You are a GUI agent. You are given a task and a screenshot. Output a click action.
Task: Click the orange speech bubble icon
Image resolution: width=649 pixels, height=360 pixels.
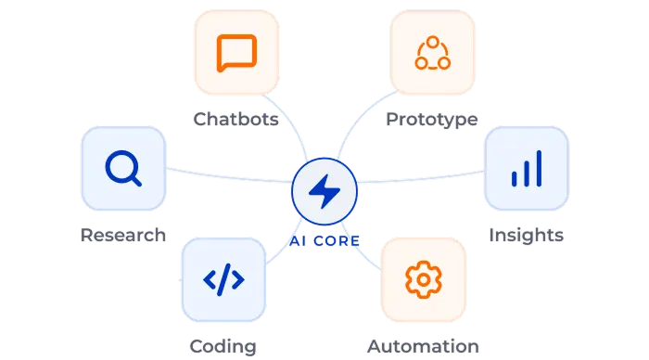pos(236,53)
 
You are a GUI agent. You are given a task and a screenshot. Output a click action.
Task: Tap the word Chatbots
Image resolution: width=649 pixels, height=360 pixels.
pos(235,120)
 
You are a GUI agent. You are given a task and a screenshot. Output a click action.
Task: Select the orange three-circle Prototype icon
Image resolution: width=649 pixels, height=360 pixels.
pos(433,53)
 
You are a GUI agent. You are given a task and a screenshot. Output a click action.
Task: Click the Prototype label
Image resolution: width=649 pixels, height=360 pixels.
pos(432,120)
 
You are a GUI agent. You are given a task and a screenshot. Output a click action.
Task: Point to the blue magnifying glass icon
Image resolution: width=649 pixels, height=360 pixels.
pos(123,168)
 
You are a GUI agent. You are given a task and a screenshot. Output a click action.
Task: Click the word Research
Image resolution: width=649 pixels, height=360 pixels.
pos(123,235)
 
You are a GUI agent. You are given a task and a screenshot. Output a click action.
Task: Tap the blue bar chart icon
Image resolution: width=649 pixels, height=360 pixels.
pos(527,169)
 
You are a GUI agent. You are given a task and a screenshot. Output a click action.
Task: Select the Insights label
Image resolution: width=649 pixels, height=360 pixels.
pos(526,236)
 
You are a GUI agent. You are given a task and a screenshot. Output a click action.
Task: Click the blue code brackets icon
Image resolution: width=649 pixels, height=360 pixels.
pos(223,279)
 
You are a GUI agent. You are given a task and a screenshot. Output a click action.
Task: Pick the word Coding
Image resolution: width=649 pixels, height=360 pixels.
pos(223,347)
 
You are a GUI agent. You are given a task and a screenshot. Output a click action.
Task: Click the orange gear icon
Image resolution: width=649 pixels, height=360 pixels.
pos(424,279)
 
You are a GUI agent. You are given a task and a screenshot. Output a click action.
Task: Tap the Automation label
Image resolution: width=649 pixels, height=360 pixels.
pos(423,346)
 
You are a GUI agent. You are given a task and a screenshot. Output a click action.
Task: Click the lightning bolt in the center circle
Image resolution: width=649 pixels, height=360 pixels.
pos(324,191)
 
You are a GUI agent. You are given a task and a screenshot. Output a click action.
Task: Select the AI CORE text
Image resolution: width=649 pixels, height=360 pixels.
pos(324,240)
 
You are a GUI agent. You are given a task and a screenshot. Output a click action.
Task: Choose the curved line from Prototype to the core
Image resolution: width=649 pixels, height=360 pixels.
pos(357,117)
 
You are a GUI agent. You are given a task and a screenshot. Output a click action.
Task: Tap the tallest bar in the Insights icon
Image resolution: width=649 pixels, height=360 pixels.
pos(539,169)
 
